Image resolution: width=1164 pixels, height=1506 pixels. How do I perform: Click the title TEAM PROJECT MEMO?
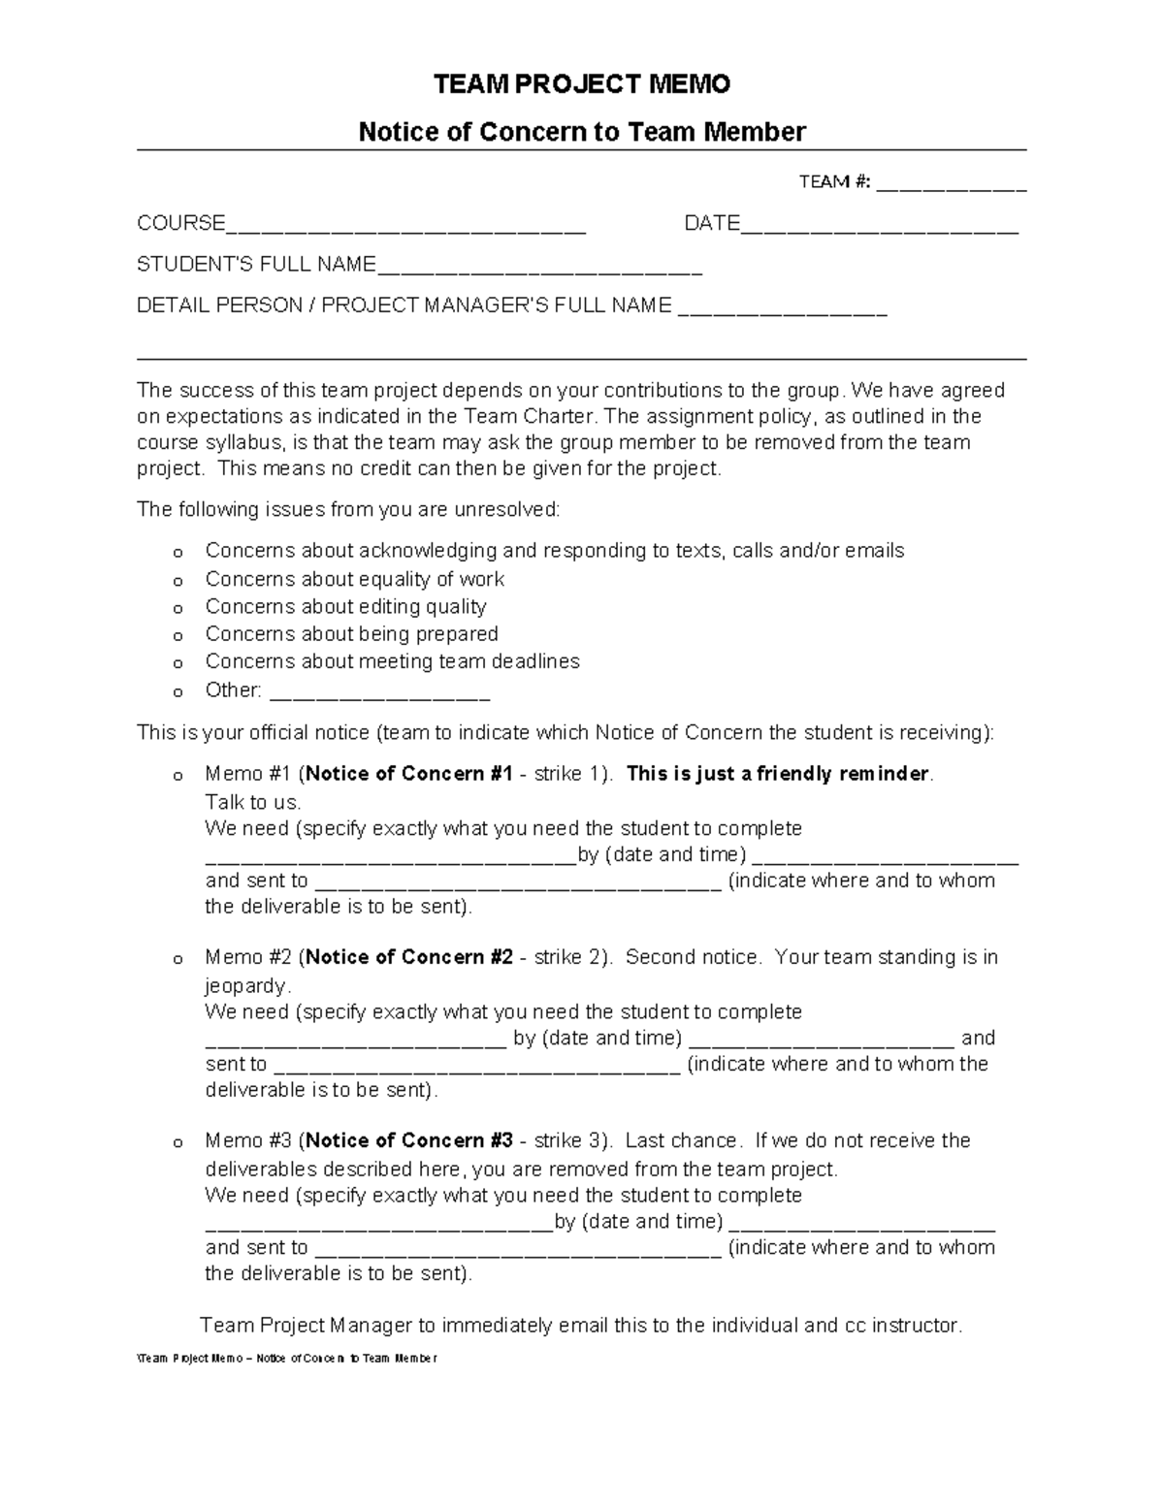(581, 85)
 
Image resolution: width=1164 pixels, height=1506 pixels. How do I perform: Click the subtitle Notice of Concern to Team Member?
(581, 132)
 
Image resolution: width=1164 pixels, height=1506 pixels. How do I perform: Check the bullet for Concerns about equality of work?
(178, 582)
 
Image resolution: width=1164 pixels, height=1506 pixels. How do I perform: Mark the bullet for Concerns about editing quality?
(178, 609)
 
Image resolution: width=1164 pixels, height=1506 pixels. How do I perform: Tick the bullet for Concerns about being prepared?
(178, 637)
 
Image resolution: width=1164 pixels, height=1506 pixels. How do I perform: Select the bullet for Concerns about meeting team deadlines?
(178, 664)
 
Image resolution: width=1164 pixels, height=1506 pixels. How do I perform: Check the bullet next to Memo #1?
(178, 777)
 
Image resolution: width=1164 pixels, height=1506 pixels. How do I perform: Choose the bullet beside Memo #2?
(178, 960)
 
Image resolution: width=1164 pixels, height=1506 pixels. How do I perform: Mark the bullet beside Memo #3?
(178, 1143)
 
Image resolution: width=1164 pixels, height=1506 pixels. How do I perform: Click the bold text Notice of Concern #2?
(408, 957)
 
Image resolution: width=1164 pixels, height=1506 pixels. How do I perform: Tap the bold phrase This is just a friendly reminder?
(778, 774)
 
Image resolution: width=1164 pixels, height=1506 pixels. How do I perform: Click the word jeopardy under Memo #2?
(246, 985)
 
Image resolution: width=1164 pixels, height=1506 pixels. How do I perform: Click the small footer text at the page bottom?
(287, 1359)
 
